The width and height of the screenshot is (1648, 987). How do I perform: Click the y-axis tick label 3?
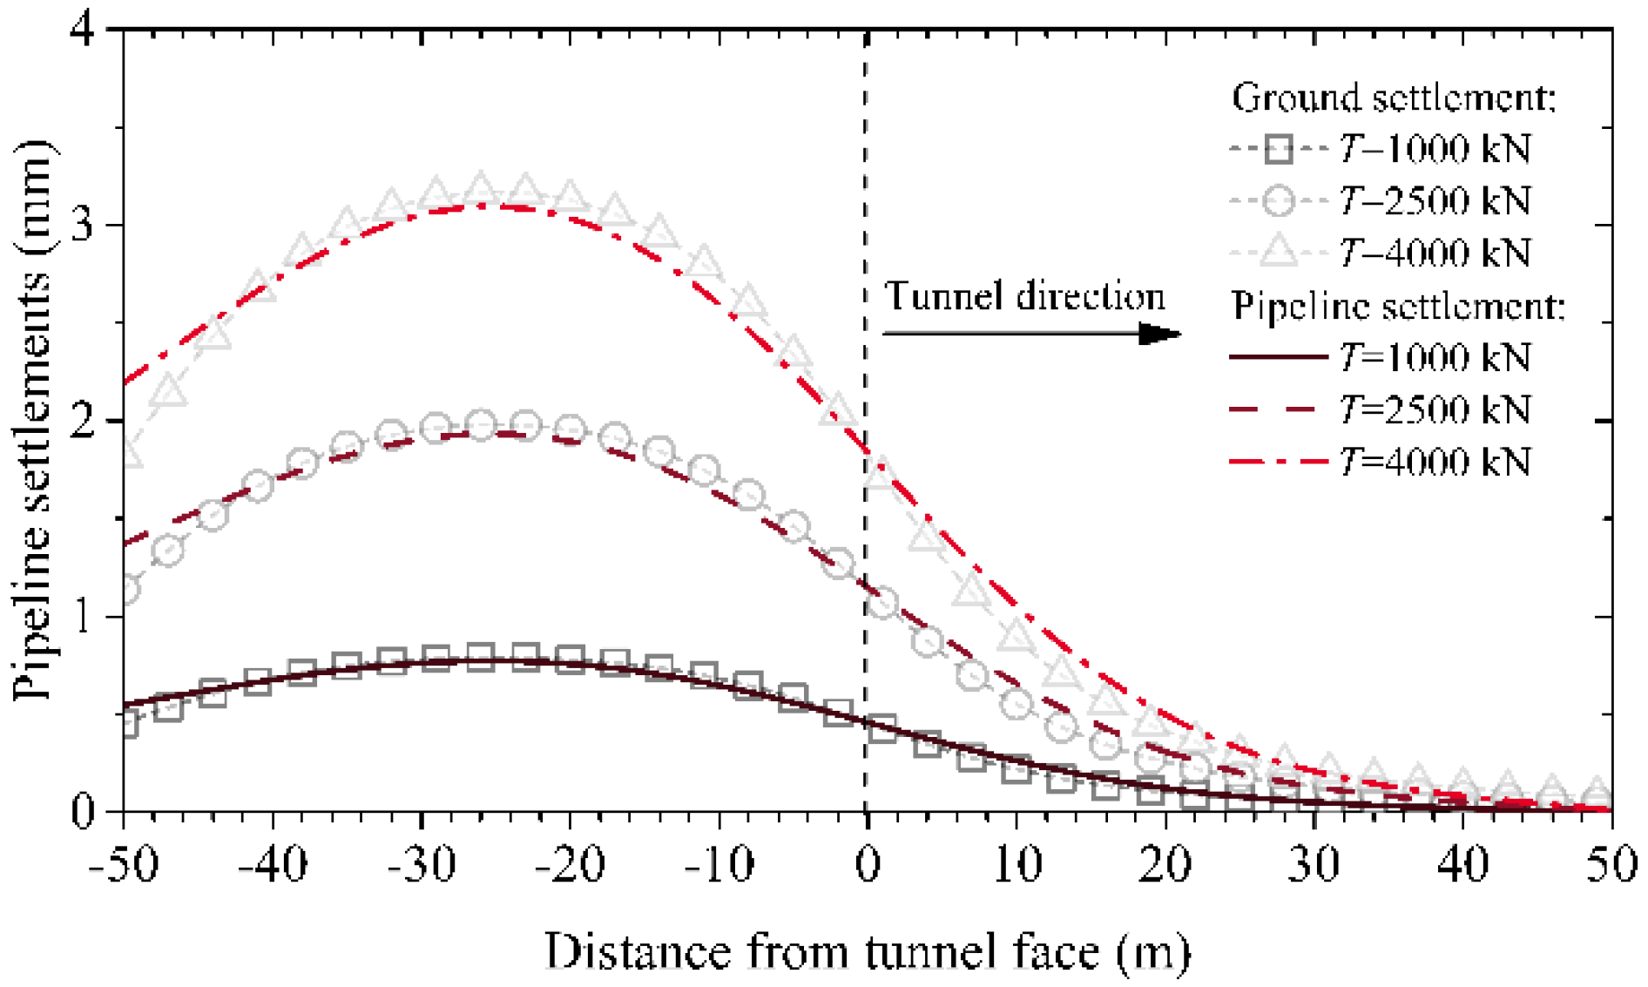click(x=83, y=225)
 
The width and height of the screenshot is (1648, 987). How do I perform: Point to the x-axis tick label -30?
click(x=422, y=865)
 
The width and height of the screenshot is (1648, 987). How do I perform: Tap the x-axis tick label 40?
click(x=1463, y=865)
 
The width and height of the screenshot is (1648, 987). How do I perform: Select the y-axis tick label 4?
click(x=83, y=30)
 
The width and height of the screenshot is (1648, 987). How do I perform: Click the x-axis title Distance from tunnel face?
click(x=867, y=951)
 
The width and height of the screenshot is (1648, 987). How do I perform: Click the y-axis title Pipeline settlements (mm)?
click(x=33, y=420)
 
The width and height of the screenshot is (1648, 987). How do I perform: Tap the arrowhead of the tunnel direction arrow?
click(x=1160, y=333)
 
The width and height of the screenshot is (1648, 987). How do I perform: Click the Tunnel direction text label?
click(x=1024, y=296)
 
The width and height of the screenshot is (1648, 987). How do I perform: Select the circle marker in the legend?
click(x=1278, y=200)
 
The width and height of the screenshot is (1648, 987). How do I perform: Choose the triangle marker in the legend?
click(x=1278, y=252)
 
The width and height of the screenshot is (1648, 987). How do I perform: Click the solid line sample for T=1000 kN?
click(x=1278, y=356)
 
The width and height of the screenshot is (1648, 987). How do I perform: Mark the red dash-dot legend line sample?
click(x=1278, y=461)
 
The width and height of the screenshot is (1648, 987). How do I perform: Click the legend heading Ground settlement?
click(x=1394, y=97)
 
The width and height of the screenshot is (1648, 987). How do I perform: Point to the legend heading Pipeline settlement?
click(x=1398, y=306)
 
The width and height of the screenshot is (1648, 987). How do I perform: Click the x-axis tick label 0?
click(x=868, y=865)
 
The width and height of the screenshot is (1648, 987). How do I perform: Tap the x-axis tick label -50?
click(x=124, y=865)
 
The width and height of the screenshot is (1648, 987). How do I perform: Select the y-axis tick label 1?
click(x=83, y=617)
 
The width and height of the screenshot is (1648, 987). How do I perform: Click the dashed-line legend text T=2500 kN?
click(x=1435, y=409)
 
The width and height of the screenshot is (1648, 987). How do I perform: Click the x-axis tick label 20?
click(x=1165, y=865)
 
